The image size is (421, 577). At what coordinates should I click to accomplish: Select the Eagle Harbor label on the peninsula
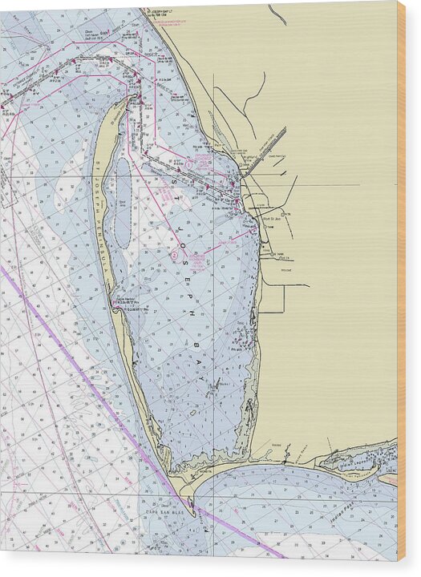click(x=128, y=300)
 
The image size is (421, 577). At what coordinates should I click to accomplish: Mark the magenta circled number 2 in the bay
click(x=174, y=255)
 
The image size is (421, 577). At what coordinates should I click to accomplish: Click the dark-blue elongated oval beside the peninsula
click(x=122, y=200)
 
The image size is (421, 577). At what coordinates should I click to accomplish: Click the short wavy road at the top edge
click(x=277, y=14)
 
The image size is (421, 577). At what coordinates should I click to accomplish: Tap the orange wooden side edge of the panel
click(x=401, y=280)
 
